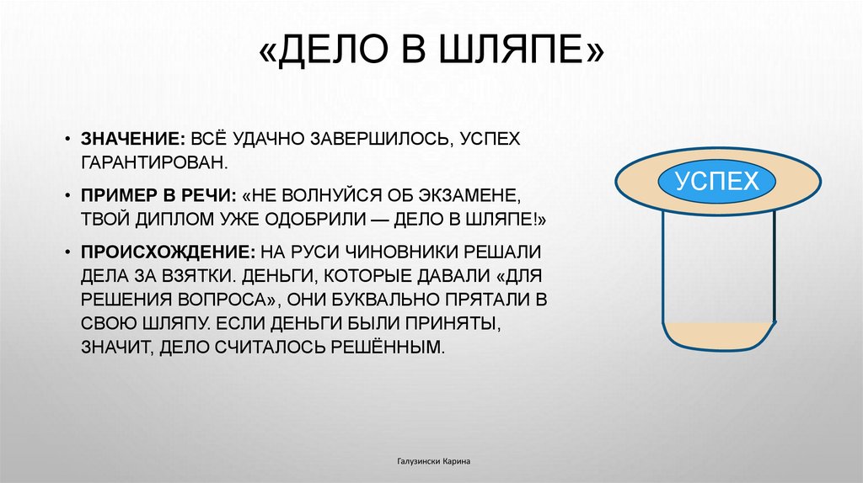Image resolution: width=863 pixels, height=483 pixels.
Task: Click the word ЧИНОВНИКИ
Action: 396,252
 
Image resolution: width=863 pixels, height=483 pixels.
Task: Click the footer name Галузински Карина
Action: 432,462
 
